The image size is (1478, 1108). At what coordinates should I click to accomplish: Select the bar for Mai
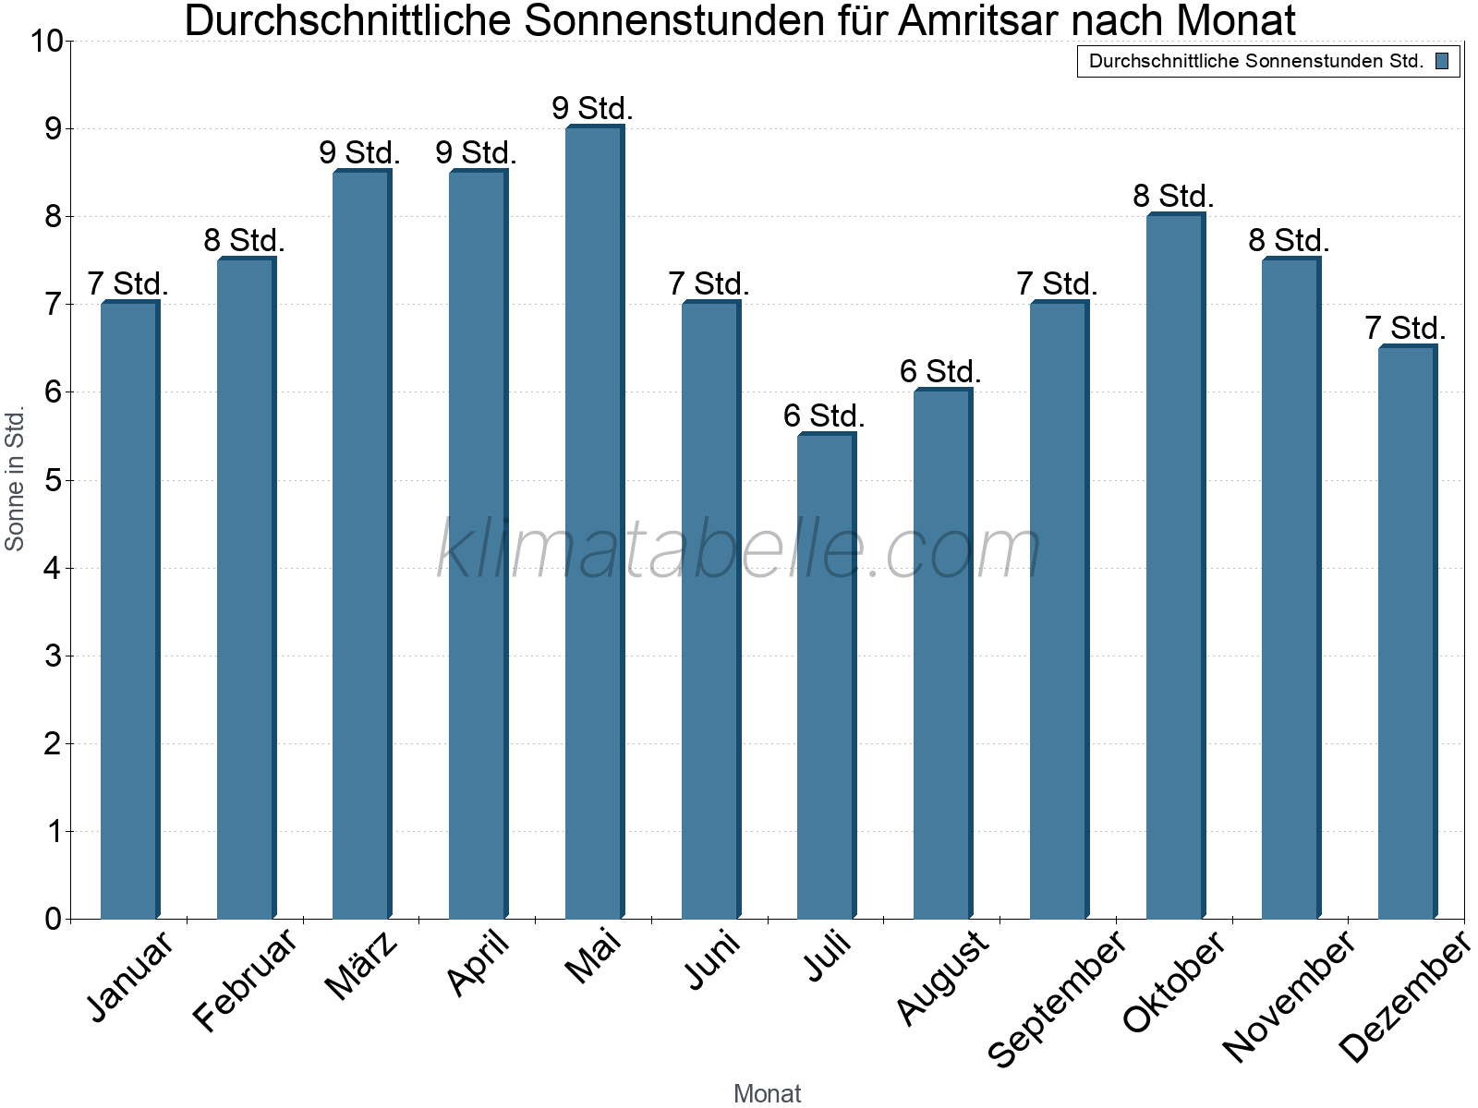(x=593, y=522)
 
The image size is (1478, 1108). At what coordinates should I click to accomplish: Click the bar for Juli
(x=825, y=676)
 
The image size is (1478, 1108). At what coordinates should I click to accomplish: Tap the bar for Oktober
(x=1174, y=566)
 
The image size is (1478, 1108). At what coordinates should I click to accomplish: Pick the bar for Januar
(x=128, y=609)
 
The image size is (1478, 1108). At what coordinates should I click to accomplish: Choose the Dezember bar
(x=1406, y=632)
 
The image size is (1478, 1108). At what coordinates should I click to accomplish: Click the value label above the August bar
(x=940, y=372)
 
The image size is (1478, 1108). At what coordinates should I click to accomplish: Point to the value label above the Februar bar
(x=244, y=241)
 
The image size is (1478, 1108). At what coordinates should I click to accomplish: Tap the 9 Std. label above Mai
(x=592, y=109)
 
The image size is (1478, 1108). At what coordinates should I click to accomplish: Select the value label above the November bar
(x=1289, y=241)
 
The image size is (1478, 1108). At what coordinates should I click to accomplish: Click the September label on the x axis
(x=1059, y=997)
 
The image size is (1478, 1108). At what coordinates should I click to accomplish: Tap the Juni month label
(x=712, y=959)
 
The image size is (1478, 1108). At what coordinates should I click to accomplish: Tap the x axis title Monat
(x=767, y=1093)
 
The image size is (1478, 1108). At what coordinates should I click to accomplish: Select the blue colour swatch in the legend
(x=1442, y=61)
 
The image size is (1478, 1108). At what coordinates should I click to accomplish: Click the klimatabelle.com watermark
(x=739, y=549)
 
